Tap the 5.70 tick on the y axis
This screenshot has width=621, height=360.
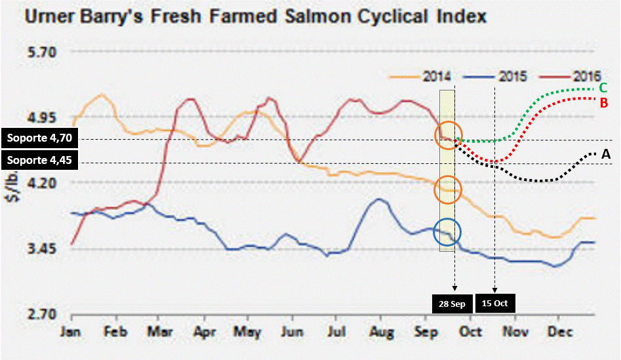point(42,52)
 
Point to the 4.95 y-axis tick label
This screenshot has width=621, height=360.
point(42,118)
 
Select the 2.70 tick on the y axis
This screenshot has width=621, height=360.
point(42,314)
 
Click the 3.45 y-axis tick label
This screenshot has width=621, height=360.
point(42,249)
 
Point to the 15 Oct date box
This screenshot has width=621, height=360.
point(495,304)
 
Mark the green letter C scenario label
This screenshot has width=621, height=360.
point(603,88)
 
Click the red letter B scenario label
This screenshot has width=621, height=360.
point(603,102)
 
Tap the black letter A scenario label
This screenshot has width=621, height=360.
point(606,153)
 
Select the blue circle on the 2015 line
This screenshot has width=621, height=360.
point(448,232)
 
